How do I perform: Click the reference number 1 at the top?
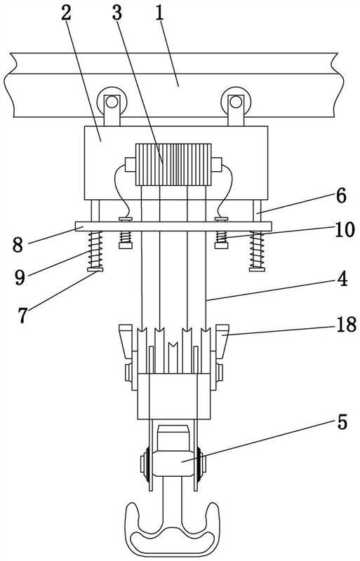pyautogui.click(x=159, y=13)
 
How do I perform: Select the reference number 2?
pyautogui.click(x=67, y=13)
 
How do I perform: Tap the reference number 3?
pyautogui.click(x=117, y=13)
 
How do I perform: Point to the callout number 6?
pyautogui.click(x=340, y=196)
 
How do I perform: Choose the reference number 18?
pyautogui.click(x=346, y=325)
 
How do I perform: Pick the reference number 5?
pyautogui.click(x=342, y=423)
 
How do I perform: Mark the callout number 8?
pyautogui.click(x=18, y=245)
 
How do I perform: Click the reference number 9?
pyautogui.click(x=20, y=277)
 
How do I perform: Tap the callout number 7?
pyautogui.click(x=23, y=315)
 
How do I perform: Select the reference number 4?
pyautogui.click(x=342, y=278)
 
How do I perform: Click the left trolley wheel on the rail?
pyautogui.click(x=112, y=101)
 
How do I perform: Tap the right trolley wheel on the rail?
pyautogui.click(x=235, y=101)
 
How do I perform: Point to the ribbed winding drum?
pyautogui.click(x=173, y=165)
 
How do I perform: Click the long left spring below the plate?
pyautogui.click(x=95, y=250)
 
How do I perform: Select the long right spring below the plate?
pyautogui.click(x=258, y=250)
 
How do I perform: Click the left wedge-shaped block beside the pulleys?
pyautogui.click(x=126, y=341)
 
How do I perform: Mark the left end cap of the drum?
pyautogui.click(x=130, y=165)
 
